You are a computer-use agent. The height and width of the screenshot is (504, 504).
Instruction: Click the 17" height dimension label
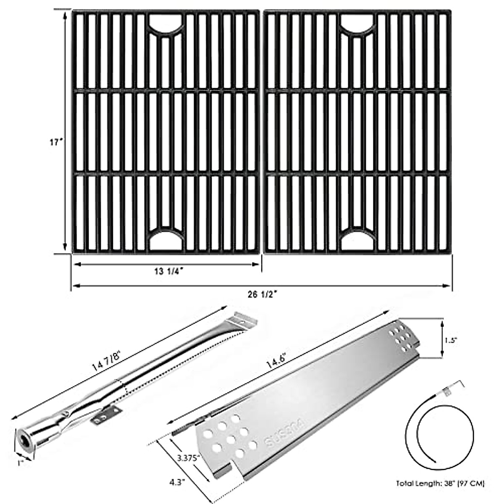tap(55, 143)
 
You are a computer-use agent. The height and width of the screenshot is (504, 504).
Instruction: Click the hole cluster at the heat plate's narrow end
tap(401, 337)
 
